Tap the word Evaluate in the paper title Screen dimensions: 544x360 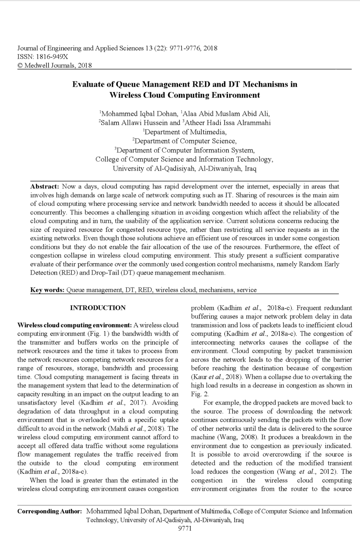88,85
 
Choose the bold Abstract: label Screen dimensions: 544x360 45,187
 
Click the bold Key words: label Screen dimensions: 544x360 47,290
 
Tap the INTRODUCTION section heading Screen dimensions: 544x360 98,308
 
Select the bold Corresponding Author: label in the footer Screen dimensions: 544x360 50,511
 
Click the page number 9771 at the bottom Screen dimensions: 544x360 185,528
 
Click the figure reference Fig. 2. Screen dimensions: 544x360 200,394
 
